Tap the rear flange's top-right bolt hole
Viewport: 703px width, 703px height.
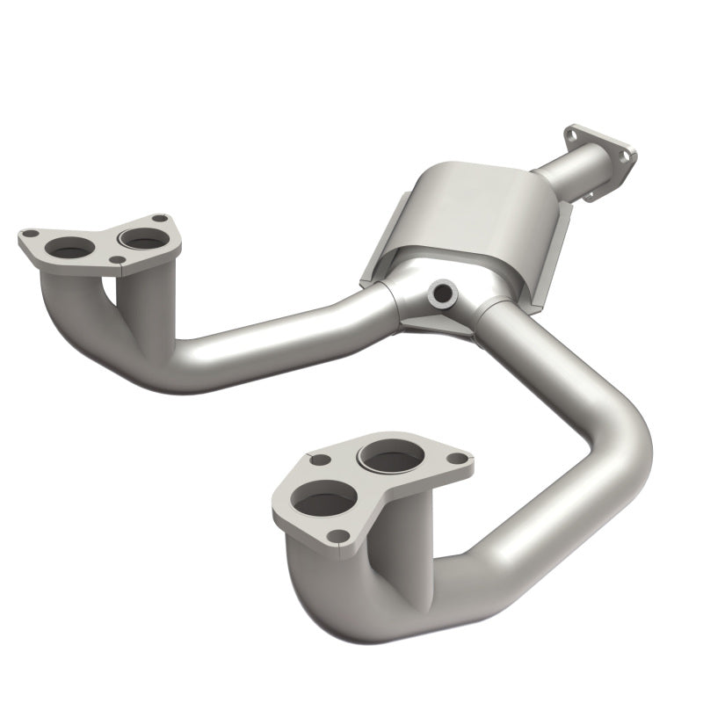[158, 218]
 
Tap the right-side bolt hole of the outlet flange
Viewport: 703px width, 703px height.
[627, 156]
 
